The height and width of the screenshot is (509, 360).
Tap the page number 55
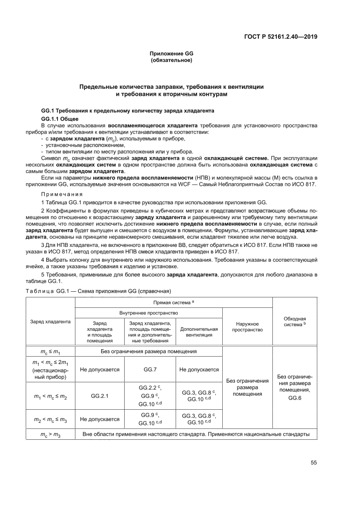pos(313,462)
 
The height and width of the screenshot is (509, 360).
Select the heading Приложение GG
pos(171,54)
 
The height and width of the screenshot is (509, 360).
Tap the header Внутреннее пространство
pos(149,313)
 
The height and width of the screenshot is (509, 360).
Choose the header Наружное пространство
pos(247,327)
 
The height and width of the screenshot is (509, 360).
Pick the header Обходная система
pos(295,322)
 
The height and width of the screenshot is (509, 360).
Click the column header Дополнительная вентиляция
pos(199,332)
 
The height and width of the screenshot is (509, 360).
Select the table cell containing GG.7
pos(150,370)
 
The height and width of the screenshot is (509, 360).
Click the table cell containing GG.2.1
pos(100,396)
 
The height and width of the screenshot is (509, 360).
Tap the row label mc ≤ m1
pos(51,351)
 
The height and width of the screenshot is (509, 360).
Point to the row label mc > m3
pos(51,435)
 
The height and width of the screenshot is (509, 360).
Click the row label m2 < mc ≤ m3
pos(51,419)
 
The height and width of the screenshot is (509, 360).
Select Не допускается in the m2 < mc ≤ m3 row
pos(100,419)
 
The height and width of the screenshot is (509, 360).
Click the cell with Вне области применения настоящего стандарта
pos(196,435)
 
